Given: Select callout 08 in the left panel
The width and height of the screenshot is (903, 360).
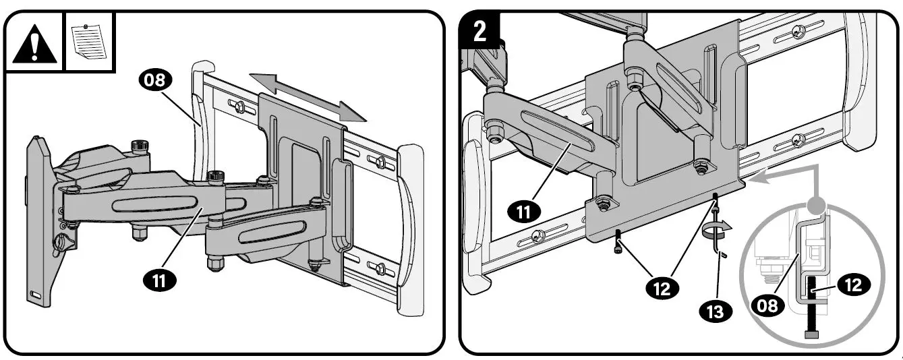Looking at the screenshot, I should (x=156, y=81).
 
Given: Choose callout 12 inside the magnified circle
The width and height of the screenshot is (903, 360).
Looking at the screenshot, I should (x=853, y=285).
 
